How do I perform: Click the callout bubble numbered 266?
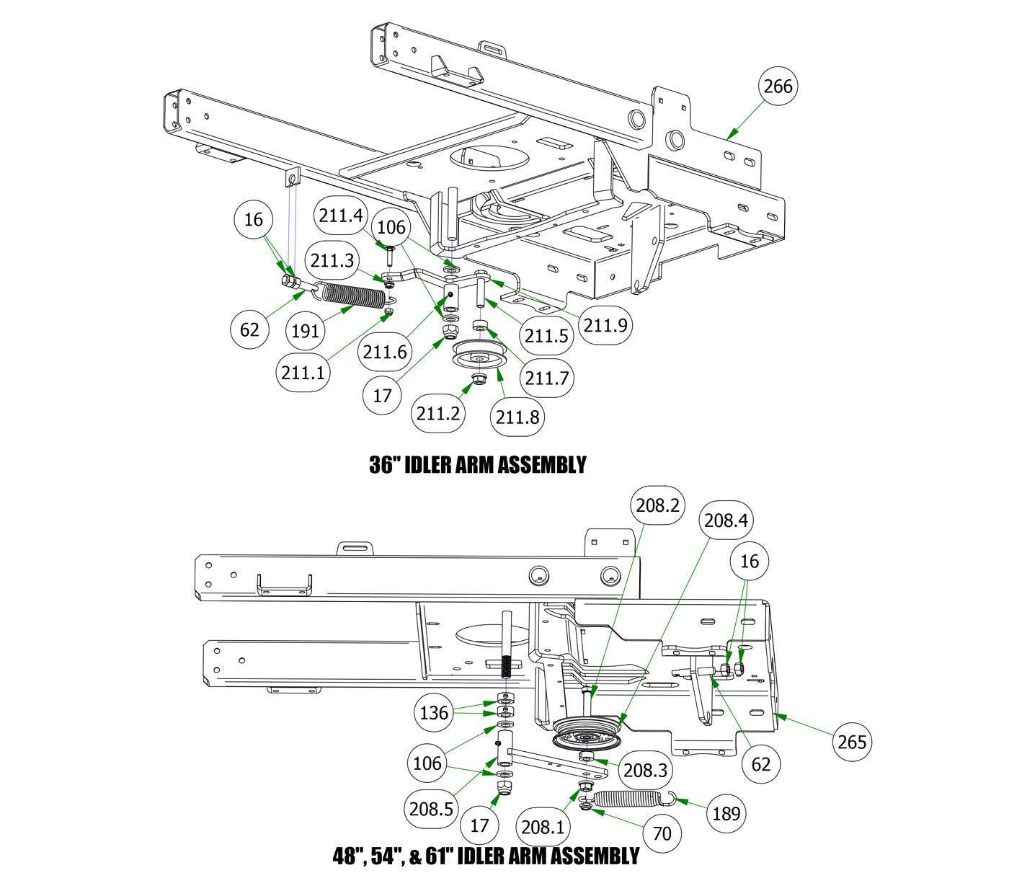point(778,87)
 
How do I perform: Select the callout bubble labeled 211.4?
point(341,215)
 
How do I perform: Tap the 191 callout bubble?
point(306,331)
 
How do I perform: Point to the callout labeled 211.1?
point(303,373)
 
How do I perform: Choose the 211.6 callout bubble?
point(385,352)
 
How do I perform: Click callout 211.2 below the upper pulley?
point(438,413)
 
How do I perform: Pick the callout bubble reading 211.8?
point(517,417)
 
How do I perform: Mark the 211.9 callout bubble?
point(606,325)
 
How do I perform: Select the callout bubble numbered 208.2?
point(657,505)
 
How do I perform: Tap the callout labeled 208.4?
point(726,520)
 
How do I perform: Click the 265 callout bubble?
point(852,741)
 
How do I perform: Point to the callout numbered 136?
point(434,713)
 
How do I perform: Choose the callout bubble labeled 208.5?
point(430,809)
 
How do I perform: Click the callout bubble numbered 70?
point(662,833)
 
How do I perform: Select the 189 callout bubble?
point(726,813)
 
